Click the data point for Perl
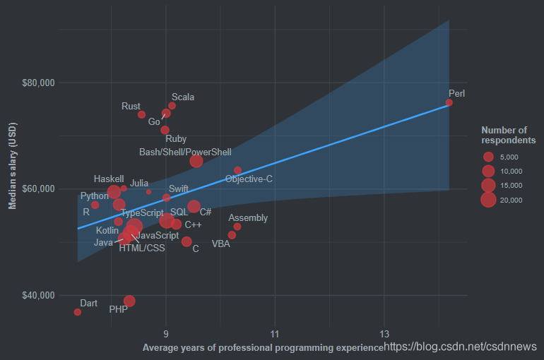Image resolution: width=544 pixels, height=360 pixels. point(449,102)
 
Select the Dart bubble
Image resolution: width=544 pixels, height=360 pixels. point(78,312)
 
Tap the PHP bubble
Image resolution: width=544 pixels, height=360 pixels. point(129,301)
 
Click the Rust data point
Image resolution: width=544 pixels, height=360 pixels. point(141,114)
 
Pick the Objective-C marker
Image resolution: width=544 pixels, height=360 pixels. point(237,170)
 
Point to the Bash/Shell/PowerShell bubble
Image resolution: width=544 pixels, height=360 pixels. point(196,161)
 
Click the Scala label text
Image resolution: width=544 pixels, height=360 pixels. point(183,97)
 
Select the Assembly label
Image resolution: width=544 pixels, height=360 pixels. point(248,218)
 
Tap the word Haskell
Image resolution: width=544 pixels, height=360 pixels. point(109,179)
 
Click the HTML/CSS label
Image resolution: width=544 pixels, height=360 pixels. point(141,248)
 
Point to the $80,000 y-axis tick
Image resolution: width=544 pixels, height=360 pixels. point(39,83)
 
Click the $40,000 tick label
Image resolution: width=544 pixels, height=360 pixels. point(39,295)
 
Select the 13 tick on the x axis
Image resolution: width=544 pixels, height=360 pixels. point(384,333)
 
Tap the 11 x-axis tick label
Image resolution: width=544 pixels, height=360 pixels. point(275,333)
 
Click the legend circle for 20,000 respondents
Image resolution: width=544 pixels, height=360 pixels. point(487,200)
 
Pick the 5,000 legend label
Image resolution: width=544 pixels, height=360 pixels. point(510,157)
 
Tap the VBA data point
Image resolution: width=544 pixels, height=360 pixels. point(232,235)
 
